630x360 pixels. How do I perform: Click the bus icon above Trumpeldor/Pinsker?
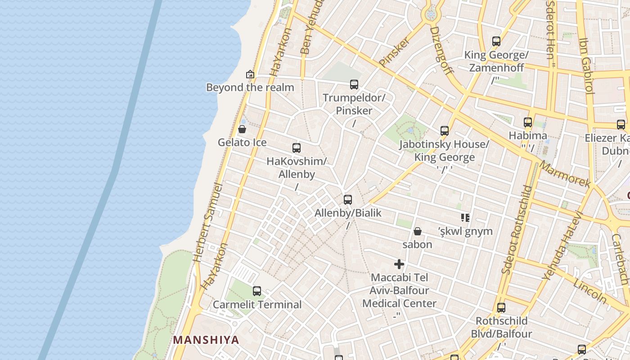click(x=354, y=84)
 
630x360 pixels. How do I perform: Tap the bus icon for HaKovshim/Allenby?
click(x=297, y=148)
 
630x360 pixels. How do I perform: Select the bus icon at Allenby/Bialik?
click(x=348, y=200)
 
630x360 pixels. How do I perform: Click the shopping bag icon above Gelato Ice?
click(x=242, y=129)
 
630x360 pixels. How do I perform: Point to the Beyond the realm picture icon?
click(x=250, y=74)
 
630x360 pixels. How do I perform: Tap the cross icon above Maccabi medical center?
click(x=399, y=264)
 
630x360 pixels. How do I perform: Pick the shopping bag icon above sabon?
click(x=418, y=231)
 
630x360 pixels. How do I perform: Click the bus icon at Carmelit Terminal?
click(x=257, y=291)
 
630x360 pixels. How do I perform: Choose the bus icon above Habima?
click(x=528, y=122)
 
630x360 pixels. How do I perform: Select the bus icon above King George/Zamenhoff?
click(x=496, y=41)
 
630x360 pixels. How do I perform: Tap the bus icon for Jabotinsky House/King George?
click(x=445, y=131)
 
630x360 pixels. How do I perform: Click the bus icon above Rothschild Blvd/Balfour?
click(x=501, y=308)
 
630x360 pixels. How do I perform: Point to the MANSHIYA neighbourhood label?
click(x=206, y=340)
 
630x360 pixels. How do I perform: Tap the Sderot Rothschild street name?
click(x=517, y=229)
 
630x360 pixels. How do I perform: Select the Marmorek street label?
click(x=565, y=174)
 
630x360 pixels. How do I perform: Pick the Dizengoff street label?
click(x=441, y=49)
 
